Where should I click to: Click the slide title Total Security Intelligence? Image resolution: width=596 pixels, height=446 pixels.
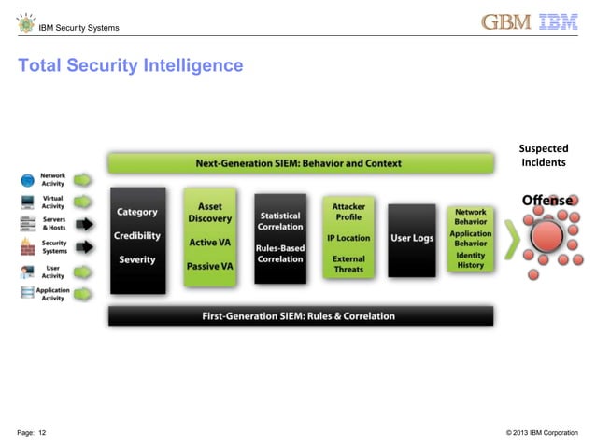pyautogui.click(x=131, y=66)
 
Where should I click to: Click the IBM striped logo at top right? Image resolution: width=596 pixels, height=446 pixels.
pyautogui.click(x=560, y=22)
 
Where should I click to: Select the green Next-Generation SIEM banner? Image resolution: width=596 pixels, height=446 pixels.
pyautogui.click(x=299, y=163)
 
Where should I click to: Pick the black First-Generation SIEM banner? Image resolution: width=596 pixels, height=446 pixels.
pyautogui.click(x=299, y=316)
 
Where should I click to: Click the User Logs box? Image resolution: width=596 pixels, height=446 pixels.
pyautogui.click(x=412, y=239)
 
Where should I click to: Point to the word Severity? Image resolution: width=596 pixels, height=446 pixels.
pyautogui.click(x=137, y=259)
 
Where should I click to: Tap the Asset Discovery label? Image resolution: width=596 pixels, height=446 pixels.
pyautogui.click(x=210, y=213)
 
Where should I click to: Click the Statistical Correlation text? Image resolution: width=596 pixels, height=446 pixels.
pyautogui.click(x=280, y=221)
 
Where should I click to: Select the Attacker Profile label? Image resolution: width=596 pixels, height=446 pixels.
pyautogui.click(x=348, y=211)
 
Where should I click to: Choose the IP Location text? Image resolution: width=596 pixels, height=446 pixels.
pyautogui.click(x=348, y=238)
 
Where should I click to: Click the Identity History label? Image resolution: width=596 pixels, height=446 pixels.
pyautogui.click(x=470, y=260)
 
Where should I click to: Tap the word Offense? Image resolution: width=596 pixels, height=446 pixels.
pyautogui.click(x=546, y=201)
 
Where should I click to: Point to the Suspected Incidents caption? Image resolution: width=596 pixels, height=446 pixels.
pyautogui.click(x=543, y=156)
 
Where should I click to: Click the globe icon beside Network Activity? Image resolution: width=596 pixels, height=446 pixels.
pyautogui.click(x=27, y=178)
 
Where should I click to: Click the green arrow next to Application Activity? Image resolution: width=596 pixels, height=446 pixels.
pyautogui.click(x=84, y=295)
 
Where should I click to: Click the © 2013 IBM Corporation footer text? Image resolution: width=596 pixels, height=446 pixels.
pyautogui.click(x=541, y=431)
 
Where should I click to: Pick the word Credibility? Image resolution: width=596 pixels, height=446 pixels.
pyautogui.click(x=137, y=236)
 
